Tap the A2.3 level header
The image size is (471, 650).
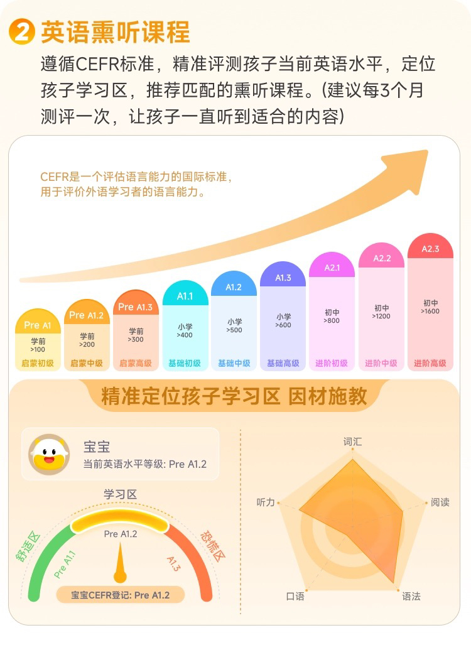[430, 249]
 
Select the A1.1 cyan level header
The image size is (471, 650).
[185, 296]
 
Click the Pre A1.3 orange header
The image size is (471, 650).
[136, 306]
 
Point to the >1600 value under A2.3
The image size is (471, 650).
[430, 311]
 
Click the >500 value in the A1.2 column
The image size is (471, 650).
[234, 330]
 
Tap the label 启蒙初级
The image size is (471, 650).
[38, 363]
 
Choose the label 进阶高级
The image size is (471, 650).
[430, 363]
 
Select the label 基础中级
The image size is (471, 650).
[234, 363]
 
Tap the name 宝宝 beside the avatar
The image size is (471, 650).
[97, 447]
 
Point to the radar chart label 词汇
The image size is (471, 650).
[352, 441]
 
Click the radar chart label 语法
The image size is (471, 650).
[411, 596]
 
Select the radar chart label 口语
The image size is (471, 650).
[295, 596]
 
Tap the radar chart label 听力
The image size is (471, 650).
[266, 502]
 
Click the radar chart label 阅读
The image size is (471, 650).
[440, 502]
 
